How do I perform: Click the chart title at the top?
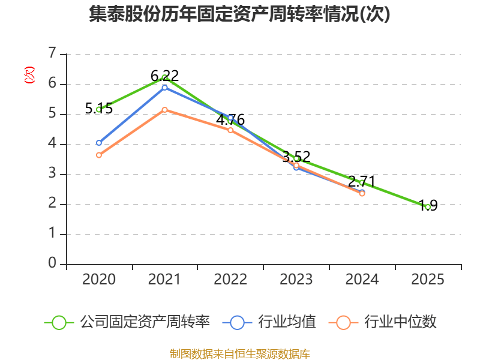pyautogui.click(x=239, y=14)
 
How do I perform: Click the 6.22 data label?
pyautogui.click(x=164, y=76)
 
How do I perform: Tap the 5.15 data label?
pyautogui.click(x=99, y=109)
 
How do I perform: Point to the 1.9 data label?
pyautogui.click(x=428, y=206)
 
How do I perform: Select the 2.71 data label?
pyautogui.click(x=362, y=182)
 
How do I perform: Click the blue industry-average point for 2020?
pyautogui.click(x=99, y=143)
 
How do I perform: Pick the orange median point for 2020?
pyautogui.click(x=99, y=155)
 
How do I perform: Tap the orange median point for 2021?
pyautogui.click(x=164, y=110)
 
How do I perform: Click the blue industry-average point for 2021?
pyautogui.click(x=164, y=88)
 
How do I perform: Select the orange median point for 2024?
pyautogui.click(x=362, y=193)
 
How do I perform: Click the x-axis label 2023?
pyautogui.click(x=296, y=280)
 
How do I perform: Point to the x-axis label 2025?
pyautogui.click(x=428, y=280)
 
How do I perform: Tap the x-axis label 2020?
pyautogui.click(x=99, y=280)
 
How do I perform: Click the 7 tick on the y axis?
pyautogui.click(x=53, y=54)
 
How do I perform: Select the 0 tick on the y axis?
pyautogui.click(x=53, y=264)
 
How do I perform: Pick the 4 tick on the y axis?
pyautogui.click(x=53, y=144)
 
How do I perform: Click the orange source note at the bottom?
pyautogui.click(x=239, y=353)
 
